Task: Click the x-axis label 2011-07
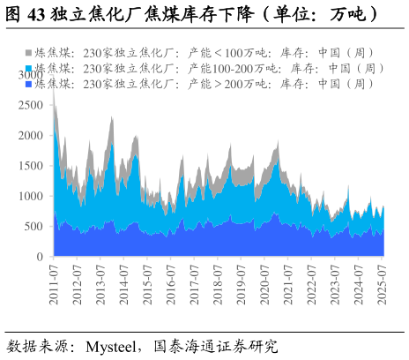coord(54,283)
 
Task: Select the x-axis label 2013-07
coord(100,283)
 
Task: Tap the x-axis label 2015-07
coord(147,283)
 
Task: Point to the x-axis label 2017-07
coord(194,283)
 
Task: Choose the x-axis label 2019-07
coord(242,283)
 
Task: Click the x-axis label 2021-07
coord(288,283)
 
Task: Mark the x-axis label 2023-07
coord(335,283)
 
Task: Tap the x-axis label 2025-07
coord(382,283)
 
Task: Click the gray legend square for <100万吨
coord(29,53)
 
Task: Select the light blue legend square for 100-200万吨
coord(29,68)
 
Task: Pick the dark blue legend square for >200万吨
coord(29,83)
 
